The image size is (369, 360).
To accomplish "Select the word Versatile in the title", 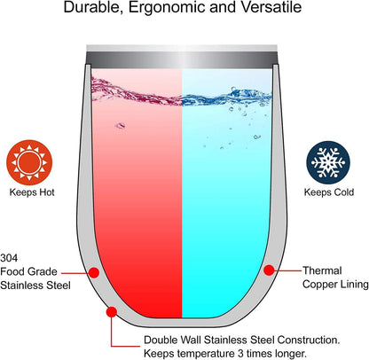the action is pos(271,7).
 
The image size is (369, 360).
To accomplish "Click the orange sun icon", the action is pos(29,162).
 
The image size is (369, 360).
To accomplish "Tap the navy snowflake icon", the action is pos(328,162).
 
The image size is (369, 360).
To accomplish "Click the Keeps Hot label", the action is pos(32,192).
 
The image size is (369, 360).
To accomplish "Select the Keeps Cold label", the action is pos(329,192).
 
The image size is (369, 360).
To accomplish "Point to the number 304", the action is pos(9,258).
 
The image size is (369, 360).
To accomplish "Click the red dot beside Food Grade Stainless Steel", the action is pos(94,272).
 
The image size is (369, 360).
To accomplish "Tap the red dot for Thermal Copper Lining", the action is pos(269,270).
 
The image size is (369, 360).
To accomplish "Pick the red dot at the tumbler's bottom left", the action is pos(112,312).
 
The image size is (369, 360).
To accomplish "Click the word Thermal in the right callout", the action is pos(322,270).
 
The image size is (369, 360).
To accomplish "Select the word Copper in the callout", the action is pos(319,285).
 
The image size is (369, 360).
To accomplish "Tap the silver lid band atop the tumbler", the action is pos(182,57).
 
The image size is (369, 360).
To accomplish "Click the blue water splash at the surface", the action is pos(226,97).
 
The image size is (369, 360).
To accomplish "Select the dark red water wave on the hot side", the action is pos(137,90).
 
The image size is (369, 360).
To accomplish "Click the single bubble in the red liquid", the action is pos(120,126).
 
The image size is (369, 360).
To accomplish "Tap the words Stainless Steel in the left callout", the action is pos(35,286).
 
